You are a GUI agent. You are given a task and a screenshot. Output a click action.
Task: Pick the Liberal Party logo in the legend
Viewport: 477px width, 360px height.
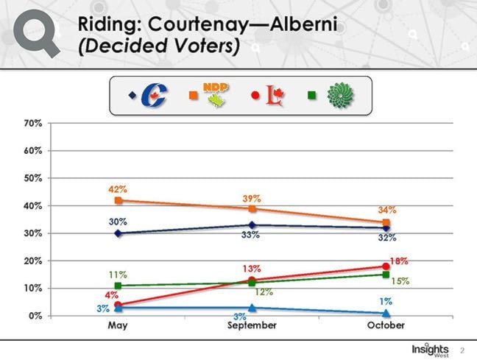274,95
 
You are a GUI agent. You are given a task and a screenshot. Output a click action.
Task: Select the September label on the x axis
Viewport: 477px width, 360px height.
252,325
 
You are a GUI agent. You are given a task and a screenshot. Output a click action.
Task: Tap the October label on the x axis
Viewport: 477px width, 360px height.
386,325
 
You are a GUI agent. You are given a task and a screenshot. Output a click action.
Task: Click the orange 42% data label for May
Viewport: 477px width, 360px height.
118,190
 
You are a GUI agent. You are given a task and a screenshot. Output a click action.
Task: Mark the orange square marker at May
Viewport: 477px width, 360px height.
118,200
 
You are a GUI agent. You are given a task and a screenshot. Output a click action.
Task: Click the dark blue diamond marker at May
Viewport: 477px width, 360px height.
118,233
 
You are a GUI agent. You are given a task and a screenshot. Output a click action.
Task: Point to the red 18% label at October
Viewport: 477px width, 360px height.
399,261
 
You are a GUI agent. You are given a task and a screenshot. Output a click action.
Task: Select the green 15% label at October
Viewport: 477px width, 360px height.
399,280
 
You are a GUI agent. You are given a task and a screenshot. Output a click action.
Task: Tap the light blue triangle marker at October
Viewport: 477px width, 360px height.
386,314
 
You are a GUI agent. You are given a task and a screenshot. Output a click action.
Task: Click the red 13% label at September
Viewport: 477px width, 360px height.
252,269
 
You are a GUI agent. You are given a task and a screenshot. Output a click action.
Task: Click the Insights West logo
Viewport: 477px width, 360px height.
430,347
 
